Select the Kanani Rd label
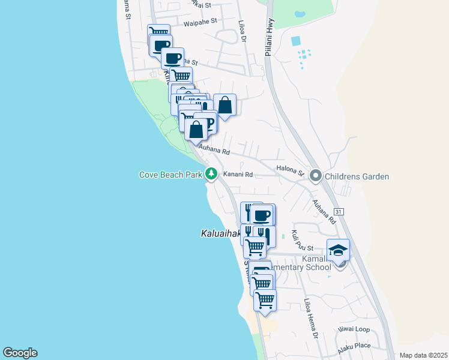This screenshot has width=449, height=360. [x=238, y=175]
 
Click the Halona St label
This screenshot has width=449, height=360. [x=290, y=172]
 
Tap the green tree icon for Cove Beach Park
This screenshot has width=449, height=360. [x=211, y=174]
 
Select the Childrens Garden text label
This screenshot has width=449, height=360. [x=357, y=176]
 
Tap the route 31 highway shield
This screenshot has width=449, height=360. [x=339, y=212]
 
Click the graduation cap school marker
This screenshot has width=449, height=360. [x=339, y=250]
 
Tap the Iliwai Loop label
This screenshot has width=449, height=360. [x=354, y=329]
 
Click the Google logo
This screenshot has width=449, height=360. [x=20, y=353]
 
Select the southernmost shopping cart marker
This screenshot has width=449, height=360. [x=265, y=299]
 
